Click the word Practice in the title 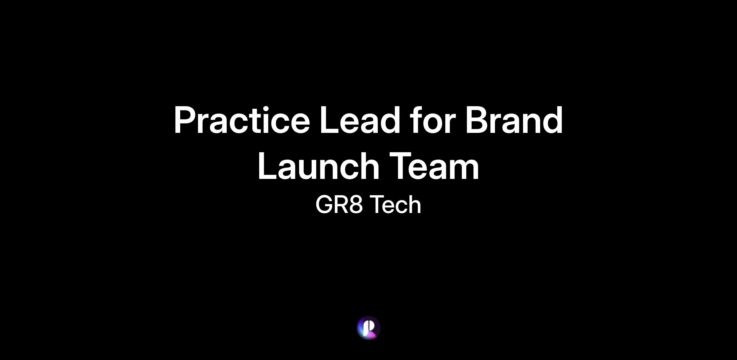242,120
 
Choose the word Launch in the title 319,166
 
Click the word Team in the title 435,166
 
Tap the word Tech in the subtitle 395,204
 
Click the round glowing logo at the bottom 368,328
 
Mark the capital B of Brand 478,120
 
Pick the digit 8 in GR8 356,204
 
